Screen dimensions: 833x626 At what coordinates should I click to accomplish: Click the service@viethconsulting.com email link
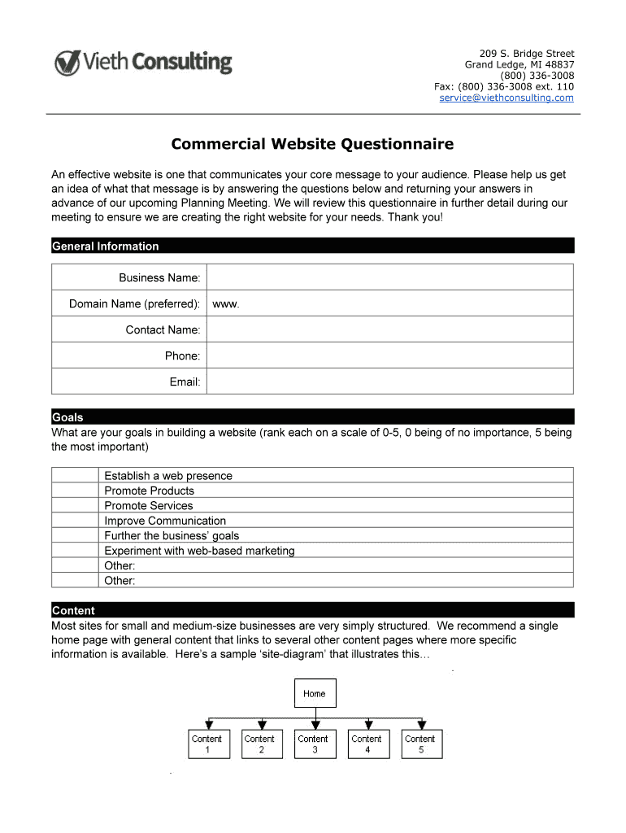point(506,98)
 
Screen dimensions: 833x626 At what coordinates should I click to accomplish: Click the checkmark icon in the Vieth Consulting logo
point(67,63)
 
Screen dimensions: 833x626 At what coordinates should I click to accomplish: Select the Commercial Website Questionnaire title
point(312,145)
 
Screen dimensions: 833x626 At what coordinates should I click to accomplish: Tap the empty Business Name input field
point(390,277)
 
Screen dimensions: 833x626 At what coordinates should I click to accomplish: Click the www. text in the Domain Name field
point(226,304)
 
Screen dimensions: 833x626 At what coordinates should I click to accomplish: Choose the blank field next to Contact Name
point(390,329)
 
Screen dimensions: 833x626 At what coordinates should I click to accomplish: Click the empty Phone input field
point(390,355)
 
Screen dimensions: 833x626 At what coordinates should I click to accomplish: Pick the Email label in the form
point(185,382)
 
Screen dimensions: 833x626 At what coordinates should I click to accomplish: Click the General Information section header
point(106,246)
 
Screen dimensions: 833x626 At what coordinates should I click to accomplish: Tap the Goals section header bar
point(312,416)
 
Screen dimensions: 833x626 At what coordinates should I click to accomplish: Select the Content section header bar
point(312,610)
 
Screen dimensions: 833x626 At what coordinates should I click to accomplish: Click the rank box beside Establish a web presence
point(76,475)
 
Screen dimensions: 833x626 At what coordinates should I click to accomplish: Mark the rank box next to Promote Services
point(76,505)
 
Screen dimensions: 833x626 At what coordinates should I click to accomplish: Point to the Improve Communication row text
point(165,521)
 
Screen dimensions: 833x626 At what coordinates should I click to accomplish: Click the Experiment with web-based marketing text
point(199,551)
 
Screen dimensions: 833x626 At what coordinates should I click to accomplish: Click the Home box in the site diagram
point(315,693)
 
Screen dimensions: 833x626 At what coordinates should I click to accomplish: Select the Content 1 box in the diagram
point(206,744)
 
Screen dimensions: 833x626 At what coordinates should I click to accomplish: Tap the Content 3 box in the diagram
point(314,744)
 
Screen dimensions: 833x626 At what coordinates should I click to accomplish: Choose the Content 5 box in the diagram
point(421,744)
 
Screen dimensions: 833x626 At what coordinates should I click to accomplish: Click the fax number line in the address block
point(504,86)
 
